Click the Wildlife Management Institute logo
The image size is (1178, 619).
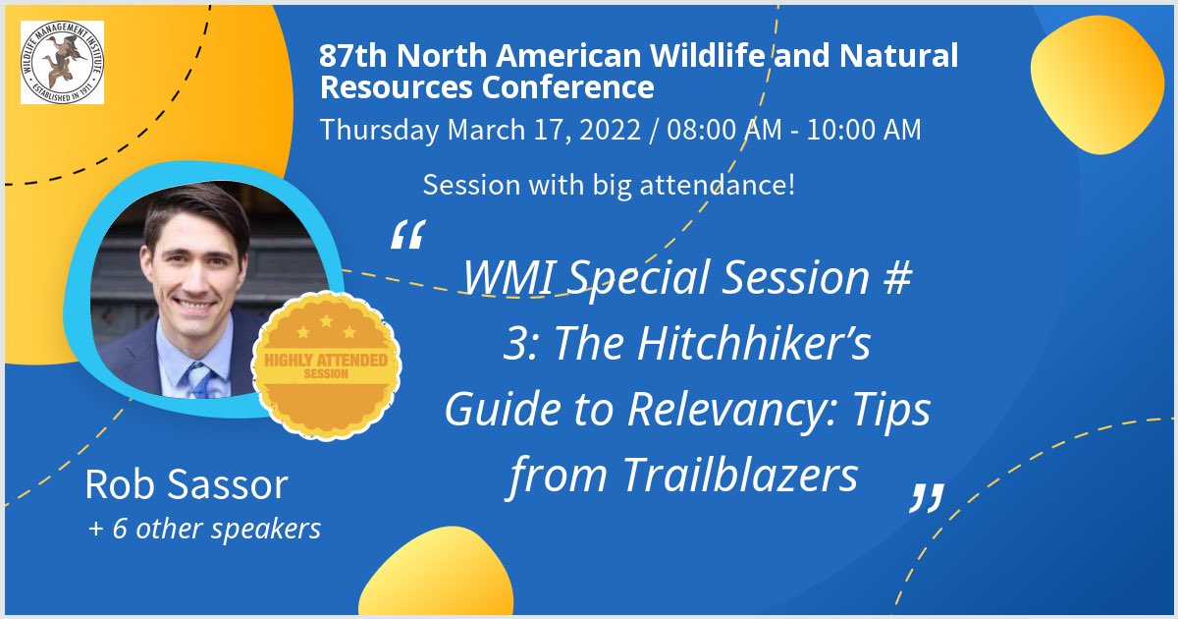coord(62,62)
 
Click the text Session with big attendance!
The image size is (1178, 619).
coord(609,184)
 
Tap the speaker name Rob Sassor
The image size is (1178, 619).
coord(186,484)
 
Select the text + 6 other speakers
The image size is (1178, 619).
coord(204,529)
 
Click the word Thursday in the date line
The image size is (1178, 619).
coord(380,130)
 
